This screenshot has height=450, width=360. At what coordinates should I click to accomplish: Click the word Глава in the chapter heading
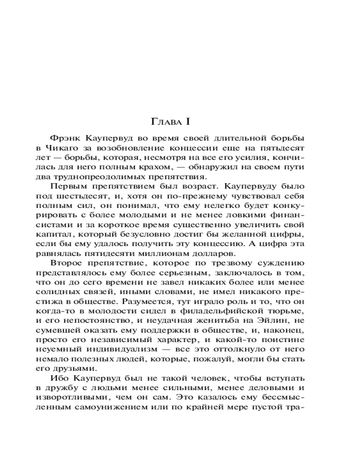click(x=163, y=121)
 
